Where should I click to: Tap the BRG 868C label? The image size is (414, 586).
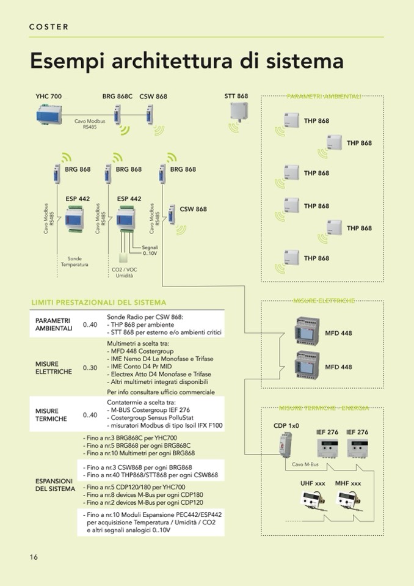point(117,97)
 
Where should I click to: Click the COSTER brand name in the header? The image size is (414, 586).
point(49,27)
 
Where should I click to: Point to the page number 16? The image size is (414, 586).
point(34,557)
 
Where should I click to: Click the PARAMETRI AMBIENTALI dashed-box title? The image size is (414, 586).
point(324,97)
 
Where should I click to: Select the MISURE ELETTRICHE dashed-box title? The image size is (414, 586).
point(324,301)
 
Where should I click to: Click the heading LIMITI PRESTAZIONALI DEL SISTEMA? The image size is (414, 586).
point(98,302)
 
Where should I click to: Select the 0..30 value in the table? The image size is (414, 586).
point(90,367)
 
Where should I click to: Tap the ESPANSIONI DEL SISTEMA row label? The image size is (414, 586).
point(55,485)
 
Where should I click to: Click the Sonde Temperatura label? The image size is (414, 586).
point(74,262)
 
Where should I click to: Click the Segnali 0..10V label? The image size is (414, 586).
point(150,250)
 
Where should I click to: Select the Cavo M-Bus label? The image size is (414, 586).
point(305,464)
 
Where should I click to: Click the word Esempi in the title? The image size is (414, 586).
point(67,62)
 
